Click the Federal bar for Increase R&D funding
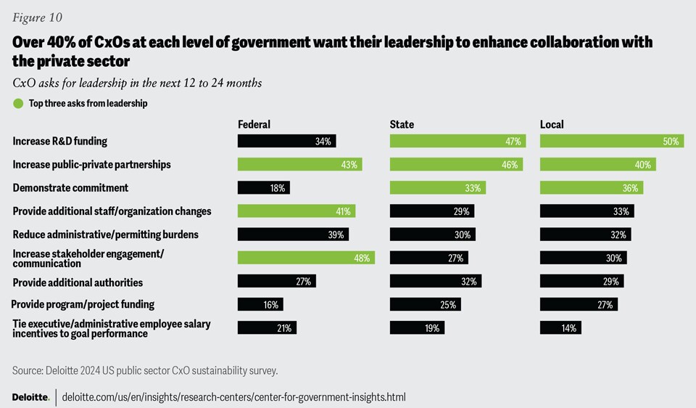coord(286,142)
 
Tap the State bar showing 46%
coord(455,165)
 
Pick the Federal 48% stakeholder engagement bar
coord(306,258)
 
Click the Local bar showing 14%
coord(560,328)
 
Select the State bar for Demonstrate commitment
coord(437,188)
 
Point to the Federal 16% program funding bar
coord(260,305)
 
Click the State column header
coord(402,125)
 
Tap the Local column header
coord(552,125)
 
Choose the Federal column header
coord(254,125)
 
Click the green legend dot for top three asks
coord(18,104)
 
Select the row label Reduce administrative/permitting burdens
coord(105,234)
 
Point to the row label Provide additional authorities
coord(78,282)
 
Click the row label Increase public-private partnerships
coord(91,165)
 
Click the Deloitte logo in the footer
coord(30,398)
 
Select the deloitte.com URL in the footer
coord(233,398)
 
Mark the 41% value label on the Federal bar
coord(342,211)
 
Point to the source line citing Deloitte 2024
coord(145,371)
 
